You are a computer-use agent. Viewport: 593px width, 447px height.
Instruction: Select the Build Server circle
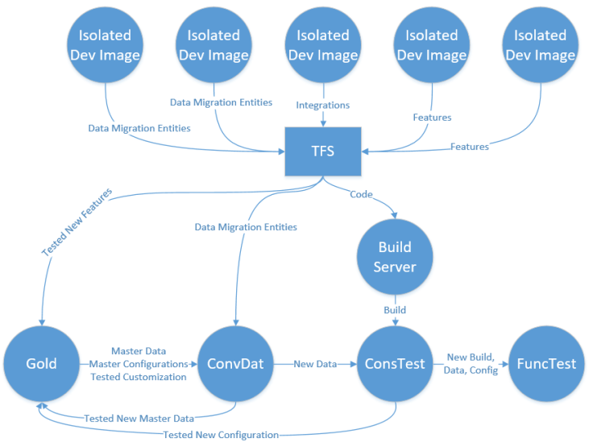[x=395, y=255]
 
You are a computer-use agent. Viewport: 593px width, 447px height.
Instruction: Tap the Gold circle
[x=41, y=363]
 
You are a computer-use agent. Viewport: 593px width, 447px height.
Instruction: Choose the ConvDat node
[x=235, y=363]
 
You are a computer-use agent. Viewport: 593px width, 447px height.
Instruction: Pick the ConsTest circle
[x=396, y=363]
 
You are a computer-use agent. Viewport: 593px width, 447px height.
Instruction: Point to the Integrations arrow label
[x=323, y=106]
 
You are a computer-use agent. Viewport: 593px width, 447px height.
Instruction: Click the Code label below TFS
[x=360, y=194]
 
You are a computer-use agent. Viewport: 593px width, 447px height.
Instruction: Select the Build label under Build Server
[x=395, y=309]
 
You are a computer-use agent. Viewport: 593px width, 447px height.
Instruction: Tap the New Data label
[x=315, y=364]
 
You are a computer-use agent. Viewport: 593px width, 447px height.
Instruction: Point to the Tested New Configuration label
[x=221, y=435]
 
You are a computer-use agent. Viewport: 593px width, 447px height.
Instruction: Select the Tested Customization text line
[x=138, y=377]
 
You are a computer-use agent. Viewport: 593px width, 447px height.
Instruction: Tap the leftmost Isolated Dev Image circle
[x=105, y=45]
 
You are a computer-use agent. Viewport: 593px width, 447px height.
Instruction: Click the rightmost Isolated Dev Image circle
[x=540, y=45]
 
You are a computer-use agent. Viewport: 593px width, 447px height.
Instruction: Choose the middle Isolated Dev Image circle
[x=322, y=45]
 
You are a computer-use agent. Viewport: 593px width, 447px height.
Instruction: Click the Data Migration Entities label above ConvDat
[x=246, y=227]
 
